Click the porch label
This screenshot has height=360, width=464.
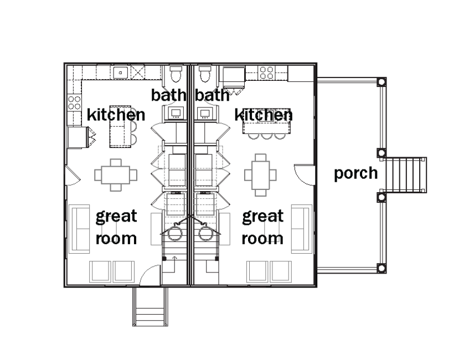tap(355, 173)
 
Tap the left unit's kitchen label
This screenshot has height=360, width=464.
tap(116, 115)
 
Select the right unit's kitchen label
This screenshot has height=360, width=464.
tap(264, 115)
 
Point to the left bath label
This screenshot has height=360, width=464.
tap(169, 95)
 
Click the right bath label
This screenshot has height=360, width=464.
tap(212, 95)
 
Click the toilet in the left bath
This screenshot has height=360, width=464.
tap(176, 74)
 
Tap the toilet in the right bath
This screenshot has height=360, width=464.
tap(205, 74)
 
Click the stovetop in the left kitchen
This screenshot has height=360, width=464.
tap(74, 102)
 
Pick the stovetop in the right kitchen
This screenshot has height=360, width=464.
tap(267, 73)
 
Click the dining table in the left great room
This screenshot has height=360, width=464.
tap(116, 175)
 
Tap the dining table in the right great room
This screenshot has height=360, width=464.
tap(260, 175)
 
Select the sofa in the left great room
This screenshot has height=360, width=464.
tap(79, 229)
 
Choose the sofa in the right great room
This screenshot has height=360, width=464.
tap(302, 229)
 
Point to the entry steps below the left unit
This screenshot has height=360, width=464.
tap(150, 307)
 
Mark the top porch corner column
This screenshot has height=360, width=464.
tap(381, 82)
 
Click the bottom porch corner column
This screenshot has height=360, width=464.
tap(381, 269)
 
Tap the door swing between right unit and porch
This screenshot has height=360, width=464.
tap(304, 174)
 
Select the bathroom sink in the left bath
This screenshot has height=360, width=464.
tap(176, 113)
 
